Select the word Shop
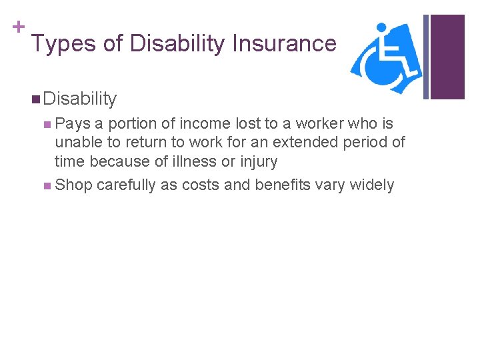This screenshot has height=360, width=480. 73,185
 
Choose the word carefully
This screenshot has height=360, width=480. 129,185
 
